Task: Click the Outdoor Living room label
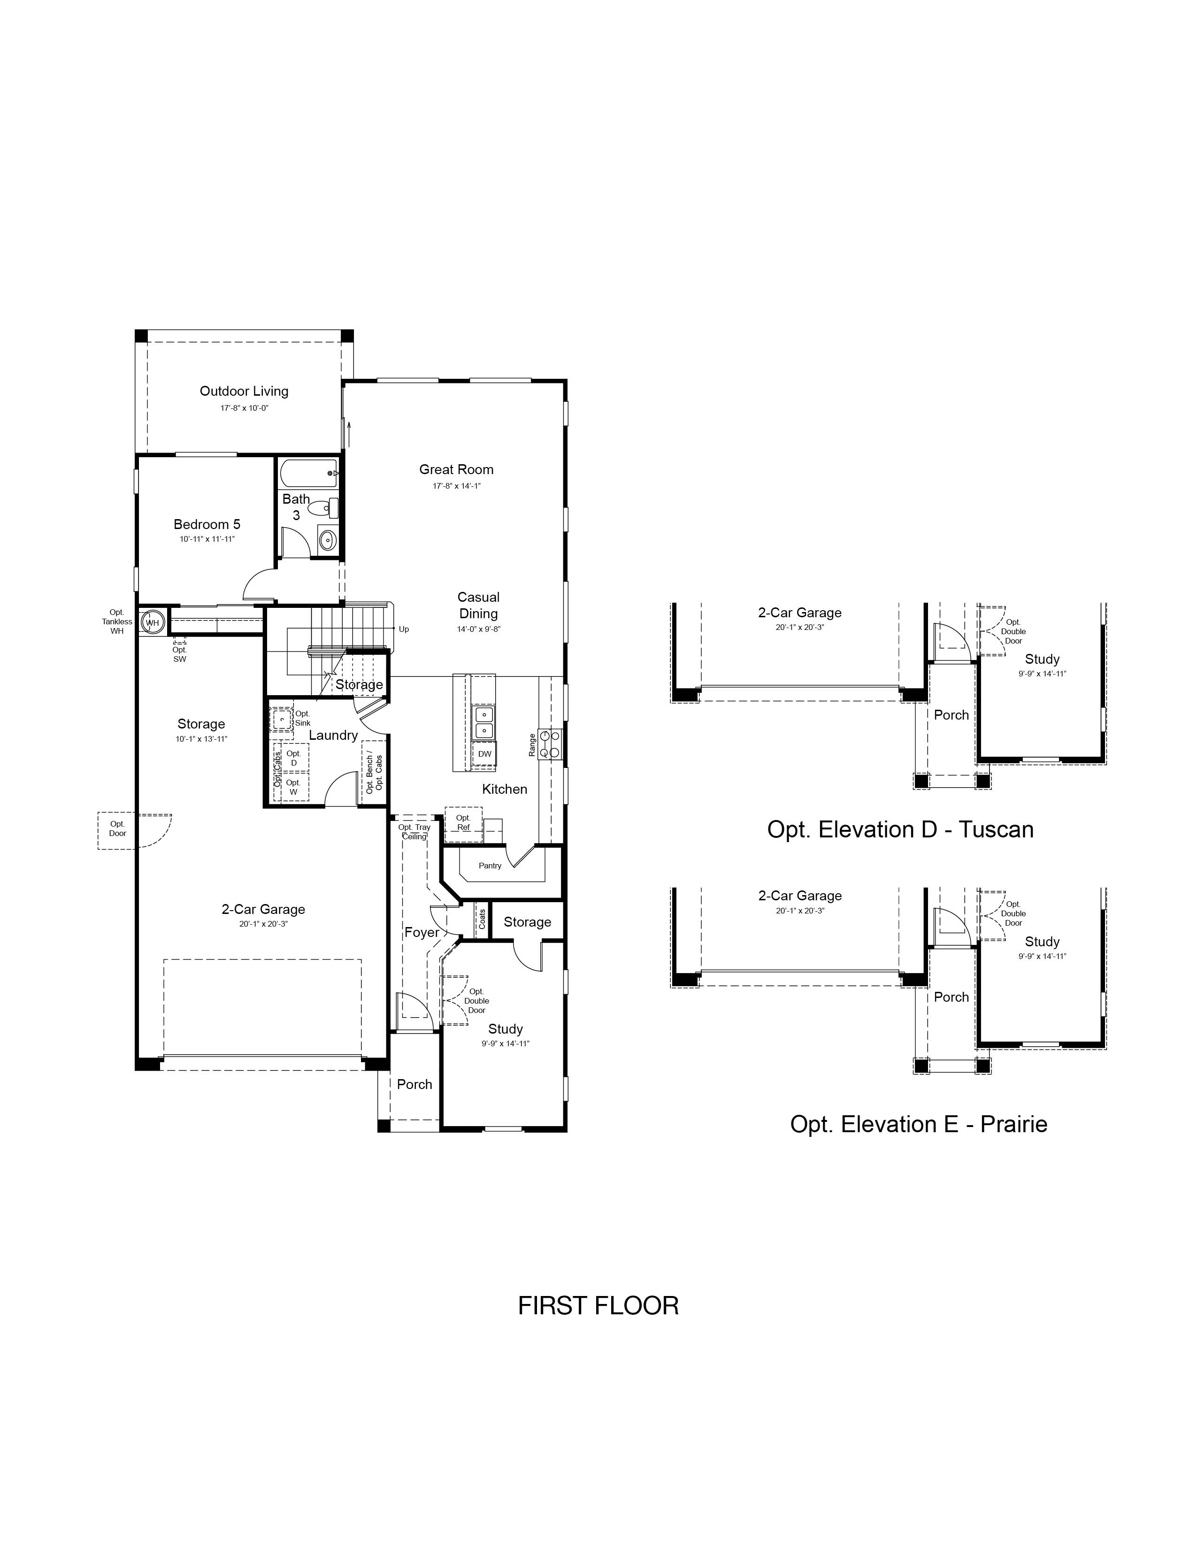[x=244, y=391]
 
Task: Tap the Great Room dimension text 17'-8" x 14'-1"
[x=457, y=486]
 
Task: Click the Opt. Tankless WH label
[x=117, y=621]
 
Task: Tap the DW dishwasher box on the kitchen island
[x=484, y=754]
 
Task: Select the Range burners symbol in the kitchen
[x=550, y=744]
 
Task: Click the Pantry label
[x=490, y=865]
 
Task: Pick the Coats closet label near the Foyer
[x=482, y=919]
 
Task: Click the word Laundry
[x=333, y=736]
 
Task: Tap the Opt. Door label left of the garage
[x=118, y=828]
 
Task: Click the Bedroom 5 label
[x=207, y=524]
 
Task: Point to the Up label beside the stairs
[x=404, y=629]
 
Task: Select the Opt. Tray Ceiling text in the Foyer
[x=414, y=832]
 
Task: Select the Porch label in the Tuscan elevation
[x=951, y=715]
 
